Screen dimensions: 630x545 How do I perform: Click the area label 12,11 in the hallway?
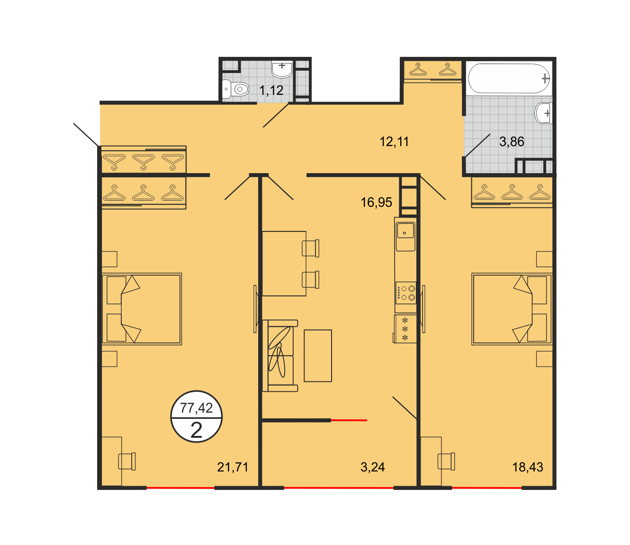pos(394,142)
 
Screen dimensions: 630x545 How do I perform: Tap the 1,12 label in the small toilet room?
pos(271,90)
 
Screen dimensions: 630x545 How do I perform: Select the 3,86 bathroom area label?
pos(512,142)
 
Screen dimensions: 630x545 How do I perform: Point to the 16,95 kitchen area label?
pos(376,203)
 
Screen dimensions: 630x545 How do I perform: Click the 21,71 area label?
pos(233,467)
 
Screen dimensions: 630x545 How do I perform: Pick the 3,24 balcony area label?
pos(372,467)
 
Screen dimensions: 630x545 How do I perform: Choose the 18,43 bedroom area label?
pos(528,467)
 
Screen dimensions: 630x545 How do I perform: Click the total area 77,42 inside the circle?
pos(196,408)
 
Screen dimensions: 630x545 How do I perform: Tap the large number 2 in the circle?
pos(196,430)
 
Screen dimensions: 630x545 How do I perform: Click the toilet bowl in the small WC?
pos(235,89)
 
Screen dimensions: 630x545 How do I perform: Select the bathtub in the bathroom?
pos(509,78)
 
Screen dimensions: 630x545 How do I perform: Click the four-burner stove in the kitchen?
pos(405,293)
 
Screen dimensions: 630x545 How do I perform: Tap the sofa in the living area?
pos(280,356)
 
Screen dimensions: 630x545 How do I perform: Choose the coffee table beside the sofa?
pos(317,356)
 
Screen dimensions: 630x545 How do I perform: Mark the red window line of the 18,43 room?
pos(487,488)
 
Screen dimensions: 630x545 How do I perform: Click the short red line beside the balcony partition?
pos(349,421)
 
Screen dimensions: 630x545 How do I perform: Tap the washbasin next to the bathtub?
pos(543,113)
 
